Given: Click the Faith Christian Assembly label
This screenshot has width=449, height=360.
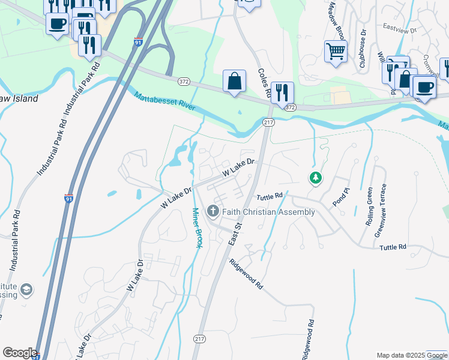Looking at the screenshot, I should [268, 212].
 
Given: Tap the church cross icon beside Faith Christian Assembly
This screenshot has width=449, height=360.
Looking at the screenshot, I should [212, 211].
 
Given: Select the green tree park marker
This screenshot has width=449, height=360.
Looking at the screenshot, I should [315, 178].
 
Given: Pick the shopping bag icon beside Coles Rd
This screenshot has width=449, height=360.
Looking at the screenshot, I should [234, 81].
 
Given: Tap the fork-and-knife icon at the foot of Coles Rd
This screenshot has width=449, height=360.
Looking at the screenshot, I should [282, 92].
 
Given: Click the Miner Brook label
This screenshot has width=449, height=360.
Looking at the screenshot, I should [197, 228].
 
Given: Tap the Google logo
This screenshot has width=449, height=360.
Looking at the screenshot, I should [19, 353].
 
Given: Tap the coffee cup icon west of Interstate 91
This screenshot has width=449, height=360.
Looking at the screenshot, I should [56, 23].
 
